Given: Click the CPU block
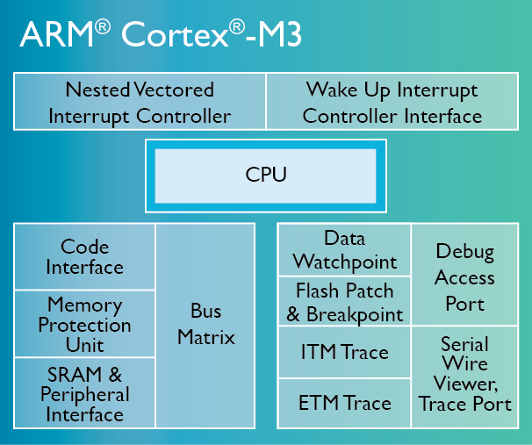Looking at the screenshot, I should click(x=266, y=175).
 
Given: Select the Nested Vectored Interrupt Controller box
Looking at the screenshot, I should click(x=140, y=102).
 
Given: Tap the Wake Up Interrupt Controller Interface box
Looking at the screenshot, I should click(x=392, y=102).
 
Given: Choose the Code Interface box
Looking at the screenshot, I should click(x=85, y=257).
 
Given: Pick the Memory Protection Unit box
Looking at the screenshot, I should click(x=85, y=325).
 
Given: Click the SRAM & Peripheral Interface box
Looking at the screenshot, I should click(x=85, y=393).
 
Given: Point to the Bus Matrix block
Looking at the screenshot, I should click(x=206, y=325).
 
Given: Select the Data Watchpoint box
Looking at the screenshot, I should click(x=345, y=250).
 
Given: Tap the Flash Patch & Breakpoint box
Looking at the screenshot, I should click(x=345, y=302).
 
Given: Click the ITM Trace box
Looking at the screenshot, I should click(x=345, y=353).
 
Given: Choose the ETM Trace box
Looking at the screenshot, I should click(x=345, y=404).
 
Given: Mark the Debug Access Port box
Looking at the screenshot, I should click(x=464, y=277).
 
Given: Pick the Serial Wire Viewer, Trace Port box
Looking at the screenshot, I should click(x=464, y=375).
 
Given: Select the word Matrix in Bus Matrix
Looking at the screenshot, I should click(x=206, y=337).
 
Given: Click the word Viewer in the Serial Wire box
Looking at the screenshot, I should click(x=463, y=384).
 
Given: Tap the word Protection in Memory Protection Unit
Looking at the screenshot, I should click(x=85, y=325).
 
